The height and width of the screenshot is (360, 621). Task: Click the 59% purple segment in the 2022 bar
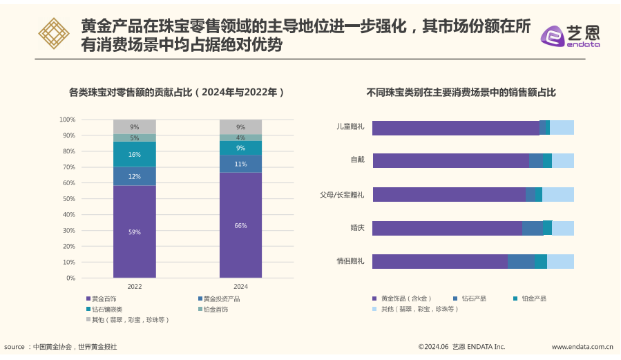point(134,231)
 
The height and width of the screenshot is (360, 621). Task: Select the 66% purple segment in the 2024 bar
point(240,225)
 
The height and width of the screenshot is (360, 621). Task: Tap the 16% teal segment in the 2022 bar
point(134,154)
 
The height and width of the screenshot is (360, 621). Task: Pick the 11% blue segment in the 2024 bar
point(240,164)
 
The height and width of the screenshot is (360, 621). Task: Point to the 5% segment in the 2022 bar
point(134,138)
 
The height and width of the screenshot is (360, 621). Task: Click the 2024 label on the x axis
point(240,286)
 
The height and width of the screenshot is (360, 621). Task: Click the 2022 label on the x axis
point(134,286)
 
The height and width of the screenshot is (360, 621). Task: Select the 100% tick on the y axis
point(66,120)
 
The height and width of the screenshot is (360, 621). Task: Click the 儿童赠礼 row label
point(350,127)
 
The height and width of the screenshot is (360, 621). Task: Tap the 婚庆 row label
point(357,227)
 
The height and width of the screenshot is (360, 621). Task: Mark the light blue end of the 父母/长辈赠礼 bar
point(557,194)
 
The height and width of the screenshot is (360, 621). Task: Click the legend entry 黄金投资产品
point(221,299)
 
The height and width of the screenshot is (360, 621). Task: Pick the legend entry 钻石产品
point(473,299)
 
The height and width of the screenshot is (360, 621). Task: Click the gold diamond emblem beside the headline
point(53,34)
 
